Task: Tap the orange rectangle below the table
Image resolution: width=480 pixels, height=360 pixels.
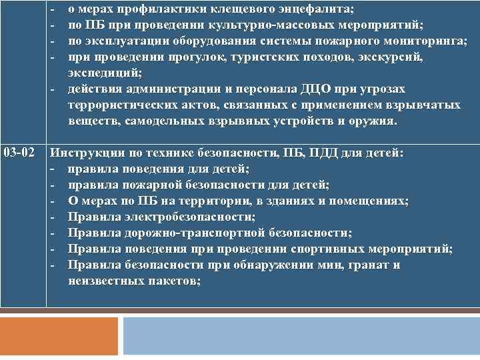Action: tap(59, 335)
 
